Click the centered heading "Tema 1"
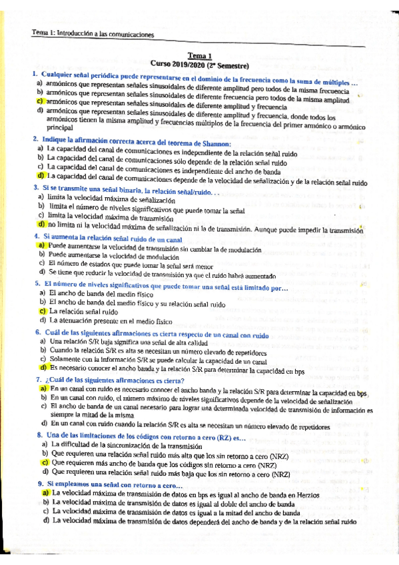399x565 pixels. click(200, 57)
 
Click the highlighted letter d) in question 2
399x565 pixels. click(41, 176)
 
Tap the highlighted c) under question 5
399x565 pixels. click(41, 310)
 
